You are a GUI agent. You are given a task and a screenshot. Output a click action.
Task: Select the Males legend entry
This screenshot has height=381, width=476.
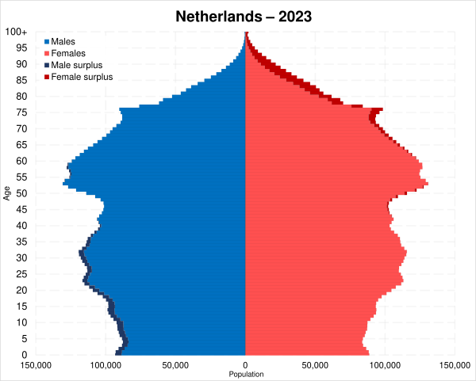63,40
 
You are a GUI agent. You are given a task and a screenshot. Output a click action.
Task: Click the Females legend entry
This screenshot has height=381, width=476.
67,52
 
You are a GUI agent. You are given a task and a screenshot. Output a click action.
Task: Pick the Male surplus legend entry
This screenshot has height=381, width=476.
75,65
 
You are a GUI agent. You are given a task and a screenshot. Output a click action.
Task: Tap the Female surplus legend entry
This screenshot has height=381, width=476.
79,77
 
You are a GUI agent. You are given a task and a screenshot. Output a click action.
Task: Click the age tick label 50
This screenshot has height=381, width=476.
23,193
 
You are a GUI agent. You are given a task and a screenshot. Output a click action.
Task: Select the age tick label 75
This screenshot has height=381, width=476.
23,112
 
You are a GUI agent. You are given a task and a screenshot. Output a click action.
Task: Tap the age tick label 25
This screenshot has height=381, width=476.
23,274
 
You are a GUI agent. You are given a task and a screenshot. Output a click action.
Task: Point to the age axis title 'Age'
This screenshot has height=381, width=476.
7,192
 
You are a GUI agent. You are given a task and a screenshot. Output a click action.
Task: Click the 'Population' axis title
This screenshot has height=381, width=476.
246,374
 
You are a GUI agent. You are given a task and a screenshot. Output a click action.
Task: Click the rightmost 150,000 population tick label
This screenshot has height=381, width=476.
455,365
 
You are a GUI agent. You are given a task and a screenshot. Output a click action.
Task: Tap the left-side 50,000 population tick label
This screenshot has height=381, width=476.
176,365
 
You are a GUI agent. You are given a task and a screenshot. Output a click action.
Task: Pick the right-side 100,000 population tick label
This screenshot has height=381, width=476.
386,365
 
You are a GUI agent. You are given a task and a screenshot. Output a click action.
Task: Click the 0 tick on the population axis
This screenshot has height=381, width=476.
246,365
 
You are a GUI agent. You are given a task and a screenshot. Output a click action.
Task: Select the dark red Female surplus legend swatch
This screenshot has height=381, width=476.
47,78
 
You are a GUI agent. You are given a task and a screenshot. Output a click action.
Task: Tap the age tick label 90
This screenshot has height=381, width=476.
23,64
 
